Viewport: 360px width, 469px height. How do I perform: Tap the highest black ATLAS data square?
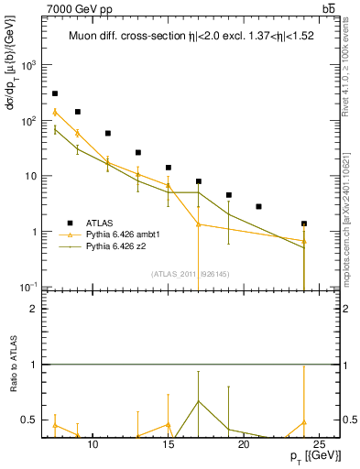click(55, 93)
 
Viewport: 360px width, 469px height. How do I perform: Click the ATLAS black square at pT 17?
click(199, 181)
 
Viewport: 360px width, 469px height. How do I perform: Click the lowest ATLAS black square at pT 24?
click(304, 224)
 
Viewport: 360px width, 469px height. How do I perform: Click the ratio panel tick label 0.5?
click(30, 420)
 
